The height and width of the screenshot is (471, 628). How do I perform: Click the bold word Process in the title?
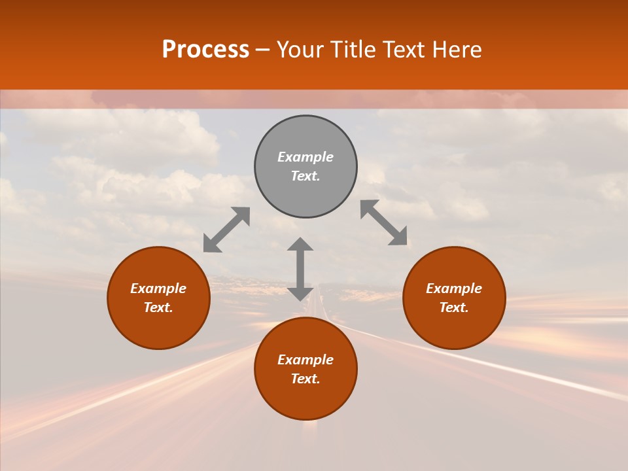pos(205,50)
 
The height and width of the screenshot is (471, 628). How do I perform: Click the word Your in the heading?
pos(300,50)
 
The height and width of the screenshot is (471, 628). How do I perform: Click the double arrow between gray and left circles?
pos(226,230)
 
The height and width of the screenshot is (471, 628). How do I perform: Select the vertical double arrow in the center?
pos(300,269)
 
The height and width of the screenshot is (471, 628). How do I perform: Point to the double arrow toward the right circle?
pos(384,222)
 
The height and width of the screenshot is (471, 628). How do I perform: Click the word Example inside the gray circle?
pos(305,157)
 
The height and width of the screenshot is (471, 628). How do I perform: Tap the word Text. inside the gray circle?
pos(305,176)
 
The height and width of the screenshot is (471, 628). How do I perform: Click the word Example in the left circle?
pos(158,288)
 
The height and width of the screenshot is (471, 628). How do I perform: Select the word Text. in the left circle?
pos(158,307)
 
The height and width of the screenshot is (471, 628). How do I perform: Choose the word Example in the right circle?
pos(454,288)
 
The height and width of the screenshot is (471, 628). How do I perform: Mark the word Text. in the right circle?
pos(454,307)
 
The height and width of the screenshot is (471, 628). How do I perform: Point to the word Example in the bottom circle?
pos(305,360)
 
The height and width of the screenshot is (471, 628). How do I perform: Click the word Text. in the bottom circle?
pos(305,379)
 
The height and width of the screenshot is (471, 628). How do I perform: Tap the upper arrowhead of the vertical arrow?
pos(300,244)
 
